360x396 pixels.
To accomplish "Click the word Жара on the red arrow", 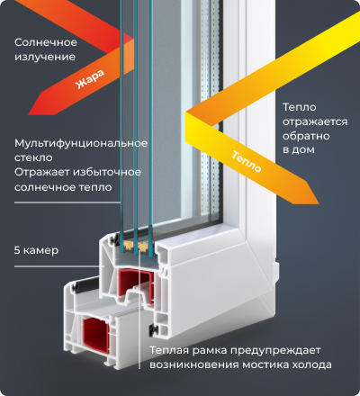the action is pos(90,79).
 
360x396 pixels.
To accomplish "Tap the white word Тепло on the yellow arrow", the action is pos(247,162).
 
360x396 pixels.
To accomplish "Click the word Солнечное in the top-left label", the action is pos(46,42).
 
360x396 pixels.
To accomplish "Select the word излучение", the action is pos(45,57).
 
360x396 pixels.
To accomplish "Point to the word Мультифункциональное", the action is pos(81,143).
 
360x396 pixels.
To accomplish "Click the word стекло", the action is pos(33,157).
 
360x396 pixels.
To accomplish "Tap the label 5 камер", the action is pos(36,250).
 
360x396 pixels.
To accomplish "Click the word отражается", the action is pos(315,121).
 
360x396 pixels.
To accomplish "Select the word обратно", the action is pos(306,136).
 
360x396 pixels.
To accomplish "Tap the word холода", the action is pos(311,364).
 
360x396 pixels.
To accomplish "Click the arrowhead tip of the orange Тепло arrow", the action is pos(319,204).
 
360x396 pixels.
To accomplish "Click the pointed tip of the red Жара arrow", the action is pos(29,114).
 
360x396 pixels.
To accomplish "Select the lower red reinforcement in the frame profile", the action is pos(95,334).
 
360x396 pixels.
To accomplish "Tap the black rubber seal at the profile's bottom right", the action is pos(153,329).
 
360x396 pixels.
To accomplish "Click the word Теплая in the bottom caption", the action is pos(169,350).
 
